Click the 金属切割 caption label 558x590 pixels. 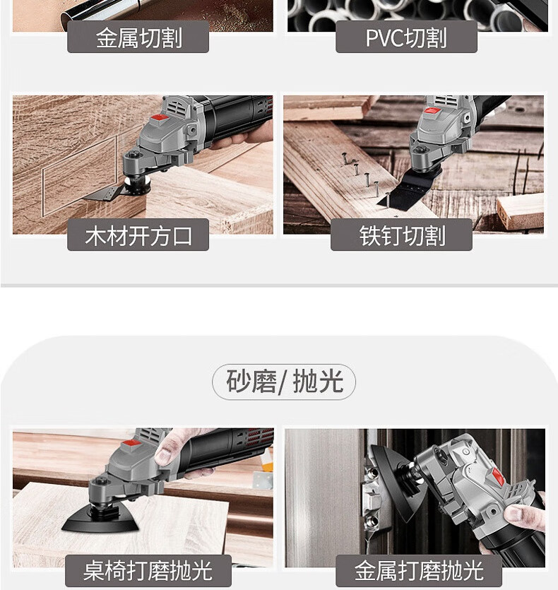coord(138,37)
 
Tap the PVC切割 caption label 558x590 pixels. coord(406,37)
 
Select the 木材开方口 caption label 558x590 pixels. coord(138,235)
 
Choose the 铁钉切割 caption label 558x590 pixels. coord(401,235)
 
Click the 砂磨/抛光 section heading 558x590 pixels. coord(284,382)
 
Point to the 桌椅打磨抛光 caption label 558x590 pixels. coord(148,570)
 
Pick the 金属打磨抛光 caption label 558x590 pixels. coord(419,570)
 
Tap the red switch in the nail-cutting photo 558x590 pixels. coord(433,112)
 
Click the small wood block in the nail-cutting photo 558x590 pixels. coord(521,211)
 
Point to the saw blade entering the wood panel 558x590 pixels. coord(103,194)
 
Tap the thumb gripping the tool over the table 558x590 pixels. coord(167,447)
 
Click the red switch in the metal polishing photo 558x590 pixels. coord(497,476)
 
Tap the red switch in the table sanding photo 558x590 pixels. coord(131,444)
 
